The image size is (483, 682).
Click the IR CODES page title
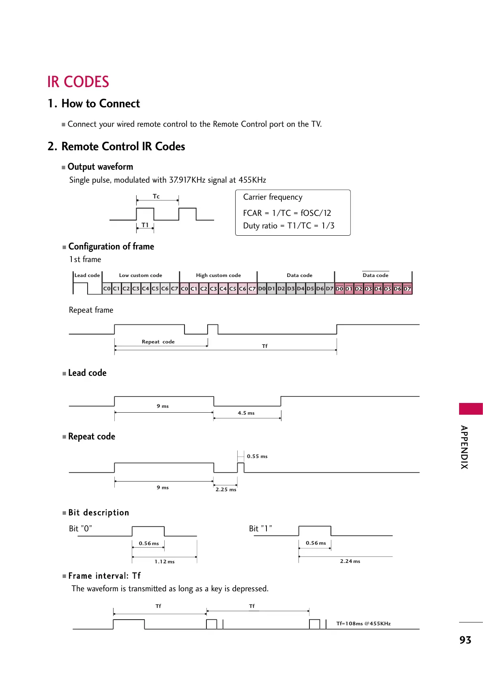point(78,82)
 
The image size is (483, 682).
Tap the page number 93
point(465,640)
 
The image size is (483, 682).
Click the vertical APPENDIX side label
point(464,447)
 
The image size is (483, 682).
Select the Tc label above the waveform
point(156,196)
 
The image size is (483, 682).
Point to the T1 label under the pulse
point(145,225)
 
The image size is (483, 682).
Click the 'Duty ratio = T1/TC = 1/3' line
point(288,226)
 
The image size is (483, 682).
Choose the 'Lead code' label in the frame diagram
point(87,275)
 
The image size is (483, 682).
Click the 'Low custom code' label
point(140,275)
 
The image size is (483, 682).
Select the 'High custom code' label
point(218,275)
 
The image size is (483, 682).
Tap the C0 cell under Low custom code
point(107,289)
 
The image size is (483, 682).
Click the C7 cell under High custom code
point(252,289)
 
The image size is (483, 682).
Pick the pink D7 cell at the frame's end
point(407,289)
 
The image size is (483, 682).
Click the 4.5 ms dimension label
point(246,413)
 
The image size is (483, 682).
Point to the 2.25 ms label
point(226,490)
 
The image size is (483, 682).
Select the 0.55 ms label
point(257,456)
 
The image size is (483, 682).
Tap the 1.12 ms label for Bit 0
point(164,562)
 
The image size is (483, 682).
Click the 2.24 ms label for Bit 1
point(350,561)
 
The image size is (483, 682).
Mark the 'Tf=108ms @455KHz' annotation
point(363,624)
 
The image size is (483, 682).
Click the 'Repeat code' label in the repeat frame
point(158,342)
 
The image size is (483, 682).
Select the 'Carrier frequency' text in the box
point(273,197)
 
